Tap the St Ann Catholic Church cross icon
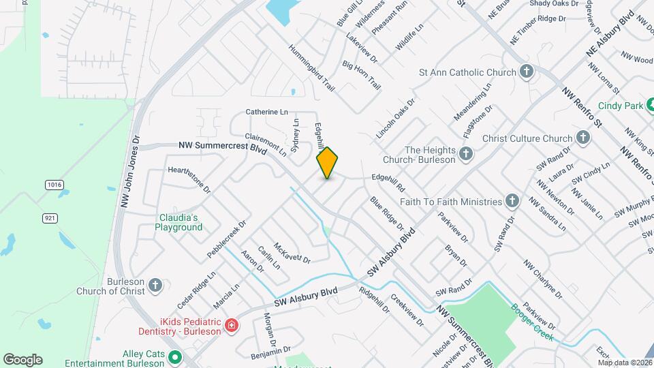point(526,72)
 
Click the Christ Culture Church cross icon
point(582,138)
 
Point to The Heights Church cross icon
point(466,154)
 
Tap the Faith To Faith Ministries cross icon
point(512,201)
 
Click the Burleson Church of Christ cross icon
point(155,285)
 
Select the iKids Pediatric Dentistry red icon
point(232,326)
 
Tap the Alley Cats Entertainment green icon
point(174,356)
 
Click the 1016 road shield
point(54,185)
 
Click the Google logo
point(22,359)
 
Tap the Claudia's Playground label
point(178,222)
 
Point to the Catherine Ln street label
point(267,112)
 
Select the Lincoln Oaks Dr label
point(395,120)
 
